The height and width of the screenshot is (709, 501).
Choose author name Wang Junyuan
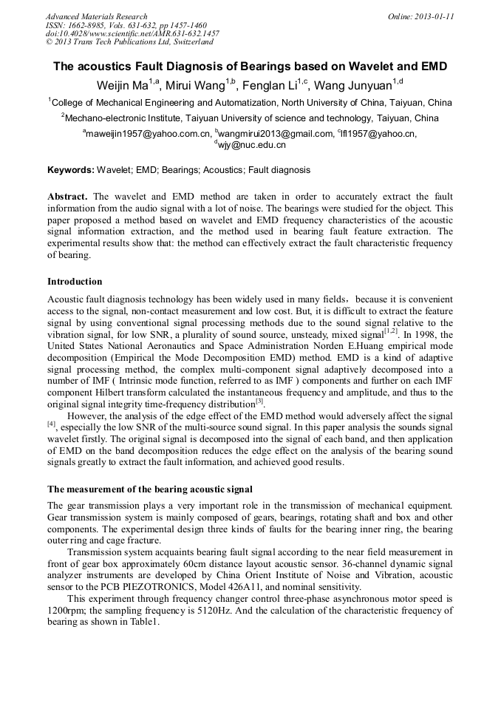[357, 85]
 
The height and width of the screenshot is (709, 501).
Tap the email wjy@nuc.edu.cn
[251, 145]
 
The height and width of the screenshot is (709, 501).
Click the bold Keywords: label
[71, 170]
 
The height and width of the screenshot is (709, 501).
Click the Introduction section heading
[75, 282]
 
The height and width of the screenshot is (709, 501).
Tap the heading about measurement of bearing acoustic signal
[150, 489]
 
